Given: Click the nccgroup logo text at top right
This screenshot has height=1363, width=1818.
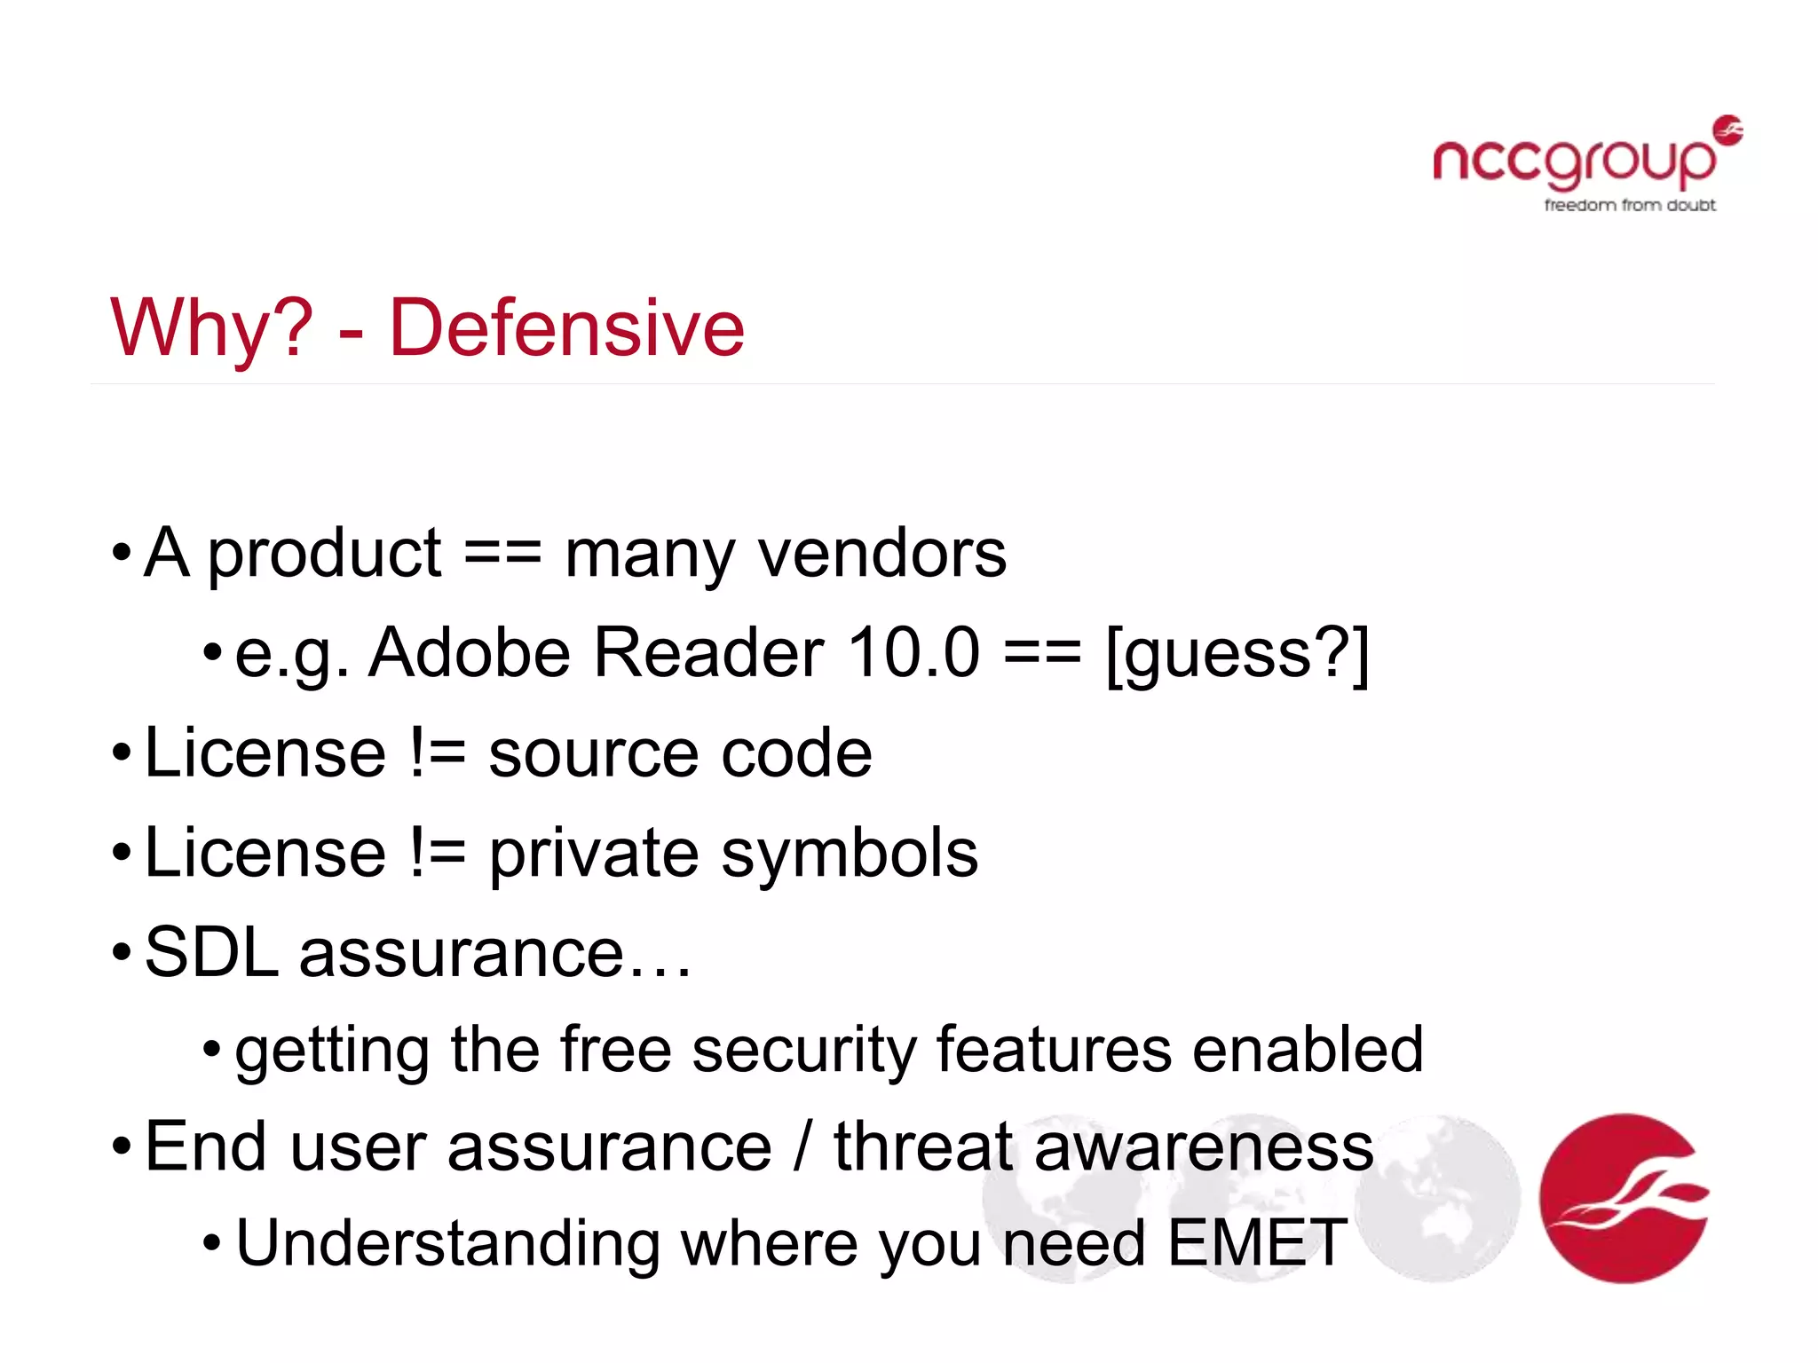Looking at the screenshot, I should pyautogui.click(x=1574, y=162).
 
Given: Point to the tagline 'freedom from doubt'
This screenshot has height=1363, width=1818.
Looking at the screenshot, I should pyautogui.click(x=1630, y=206).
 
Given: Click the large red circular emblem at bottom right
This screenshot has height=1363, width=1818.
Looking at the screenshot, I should pyautogui.click(x=1624, y=1198).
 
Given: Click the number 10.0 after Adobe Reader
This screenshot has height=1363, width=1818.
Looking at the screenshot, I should pyautogui.click(x=913, y=653).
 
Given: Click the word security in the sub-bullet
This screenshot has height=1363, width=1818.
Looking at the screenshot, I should pyautogui.click(x=803, y=1051).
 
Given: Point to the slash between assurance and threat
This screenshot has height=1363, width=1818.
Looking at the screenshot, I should pyautogui.click(x=802, y=1147).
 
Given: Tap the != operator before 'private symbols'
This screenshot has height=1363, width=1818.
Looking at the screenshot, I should pyautogui.click(x=438, y=853).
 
